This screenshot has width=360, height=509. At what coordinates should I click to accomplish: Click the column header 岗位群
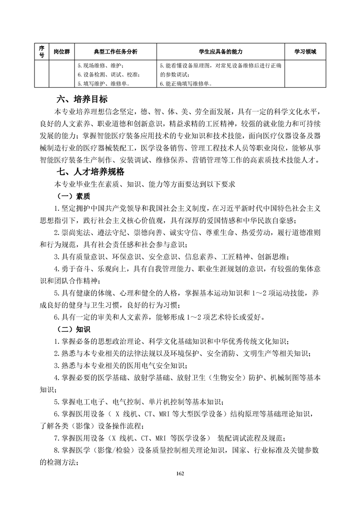[61, 52]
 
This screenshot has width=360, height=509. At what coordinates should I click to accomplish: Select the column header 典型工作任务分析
[115, 52]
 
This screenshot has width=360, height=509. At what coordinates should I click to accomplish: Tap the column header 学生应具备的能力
[220, 52]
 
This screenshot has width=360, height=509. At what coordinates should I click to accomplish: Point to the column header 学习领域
[305, 52]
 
